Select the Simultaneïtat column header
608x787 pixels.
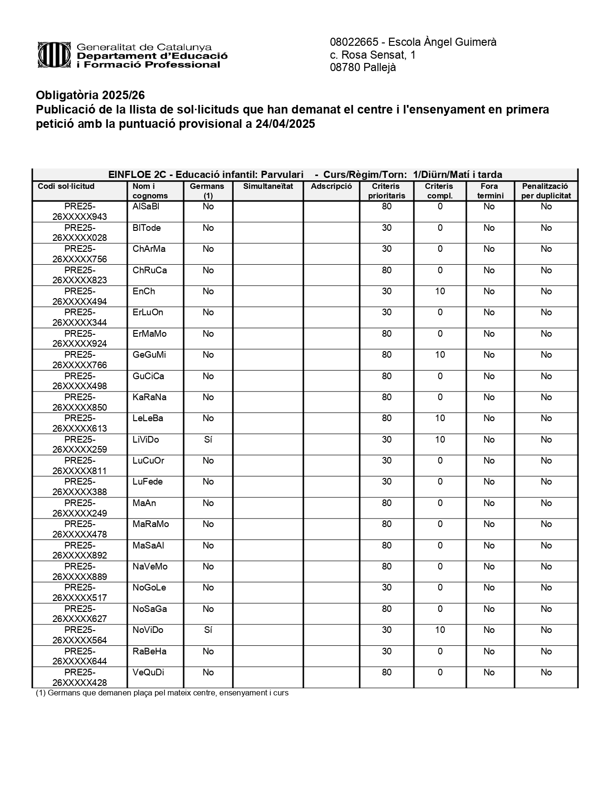pyautogui.click(x=268, y=186)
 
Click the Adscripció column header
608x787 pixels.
pyautogui.click(x=331, y=186)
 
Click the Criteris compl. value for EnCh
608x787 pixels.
pyautogui.click(x=440, y=291)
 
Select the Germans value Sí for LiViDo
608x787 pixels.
pyautogui.click(x=208, y=440)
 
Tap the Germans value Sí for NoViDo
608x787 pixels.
pyautogui.click(x=208, y=630)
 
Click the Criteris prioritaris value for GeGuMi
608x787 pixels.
pyautogui.click(x=386, y=355)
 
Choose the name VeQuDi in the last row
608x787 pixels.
pyautogui.click(x=148, y=673)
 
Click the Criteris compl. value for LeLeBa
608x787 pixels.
pyautogui.click(x=440, y=418)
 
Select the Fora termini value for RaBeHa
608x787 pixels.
pyautogui.click(x=489, y=652)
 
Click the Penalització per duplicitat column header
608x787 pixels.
pyautogui.click(x=546, y=191)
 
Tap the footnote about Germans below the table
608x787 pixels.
pyautogui.click(x=162, y=693)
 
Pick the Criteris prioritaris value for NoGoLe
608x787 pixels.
pyautogui.click(x=386, y=588)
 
